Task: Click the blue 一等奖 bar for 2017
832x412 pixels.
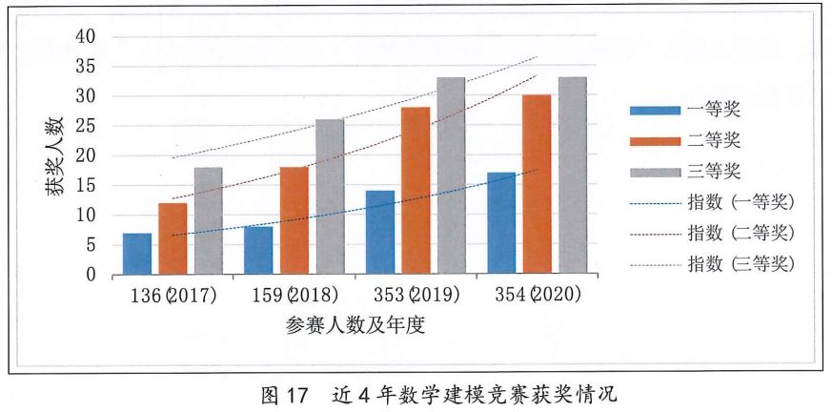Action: click(x=137, y=254)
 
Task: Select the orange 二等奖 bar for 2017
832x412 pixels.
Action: click(x=172, y=238)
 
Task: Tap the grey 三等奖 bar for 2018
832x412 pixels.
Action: click(x=330, y=197)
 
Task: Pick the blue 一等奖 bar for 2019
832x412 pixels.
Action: click(x=379, y=233)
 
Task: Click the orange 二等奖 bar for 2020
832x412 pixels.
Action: click(x=537, y=185)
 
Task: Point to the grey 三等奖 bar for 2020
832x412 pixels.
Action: click(x=572, y=176)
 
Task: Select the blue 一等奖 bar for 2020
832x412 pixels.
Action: click(x=501, y=223)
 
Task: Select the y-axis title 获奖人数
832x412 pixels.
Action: click(x=54, y=155)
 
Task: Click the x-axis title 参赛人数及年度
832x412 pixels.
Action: click(x=355, y=324)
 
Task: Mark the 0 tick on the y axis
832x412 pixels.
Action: click(x=91, y=276)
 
